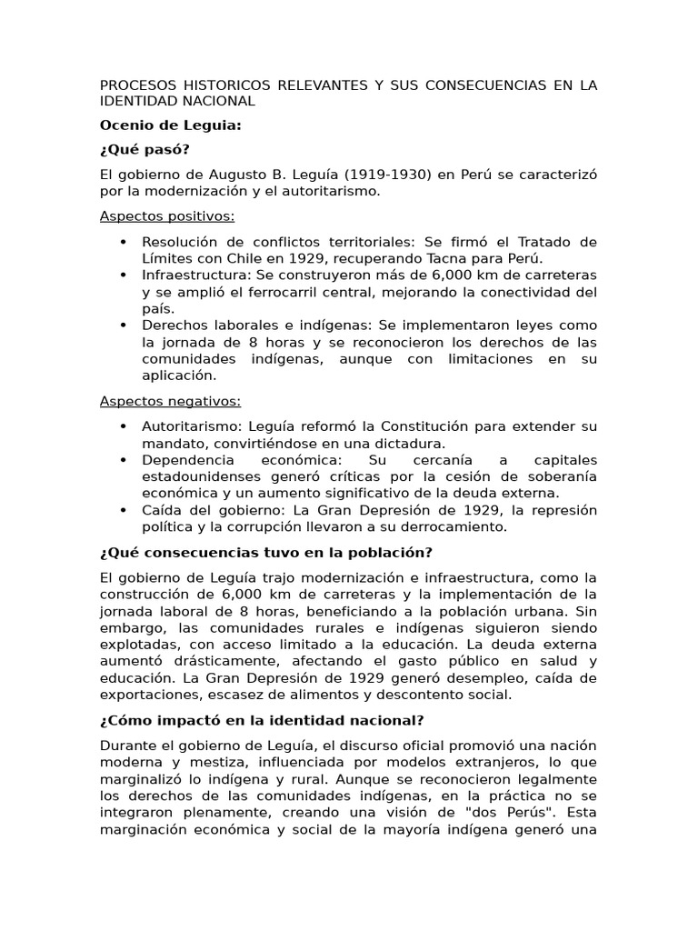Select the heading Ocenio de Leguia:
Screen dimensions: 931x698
[170, 125]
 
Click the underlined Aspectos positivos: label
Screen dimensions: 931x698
[167, 216]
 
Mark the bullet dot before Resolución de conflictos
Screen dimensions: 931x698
[123, 242]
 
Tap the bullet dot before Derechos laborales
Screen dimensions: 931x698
[123, 325]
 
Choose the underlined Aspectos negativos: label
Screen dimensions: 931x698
[170, 401]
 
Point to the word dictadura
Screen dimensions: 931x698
[410, 443]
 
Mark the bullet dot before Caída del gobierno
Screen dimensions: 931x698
[123, 510]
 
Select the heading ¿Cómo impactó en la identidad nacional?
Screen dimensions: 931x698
[262, 720]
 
